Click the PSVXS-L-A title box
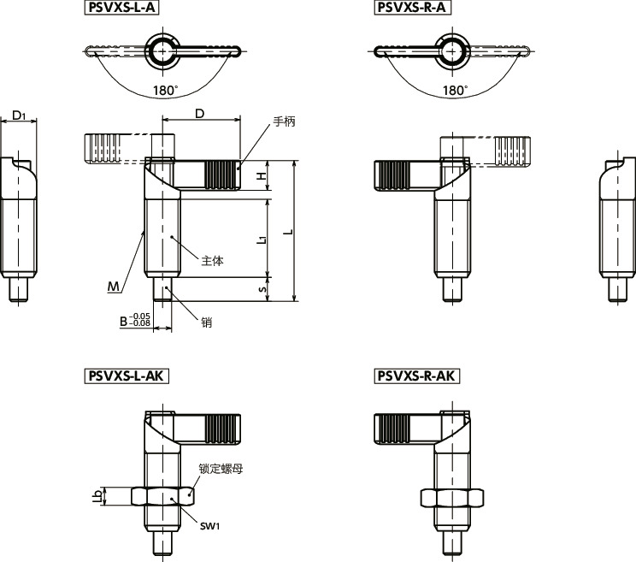click(x=121, y=8)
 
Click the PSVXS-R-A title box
click(x=412, y=8)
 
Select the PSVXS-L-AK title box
click(x=127, y=376)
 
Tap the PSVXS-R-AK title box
click(x=416, y=376)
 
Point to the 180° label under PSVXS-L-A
click(x=166, y=90)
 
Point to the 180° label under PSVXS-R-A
click(x=455, y=90)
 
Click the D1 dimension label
click(x=19, y=115)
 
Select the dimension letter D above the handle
click(x=199, y=114)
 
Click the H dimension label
click(x=262, y=175)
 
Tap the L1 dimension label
click(x=262, y=239)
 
